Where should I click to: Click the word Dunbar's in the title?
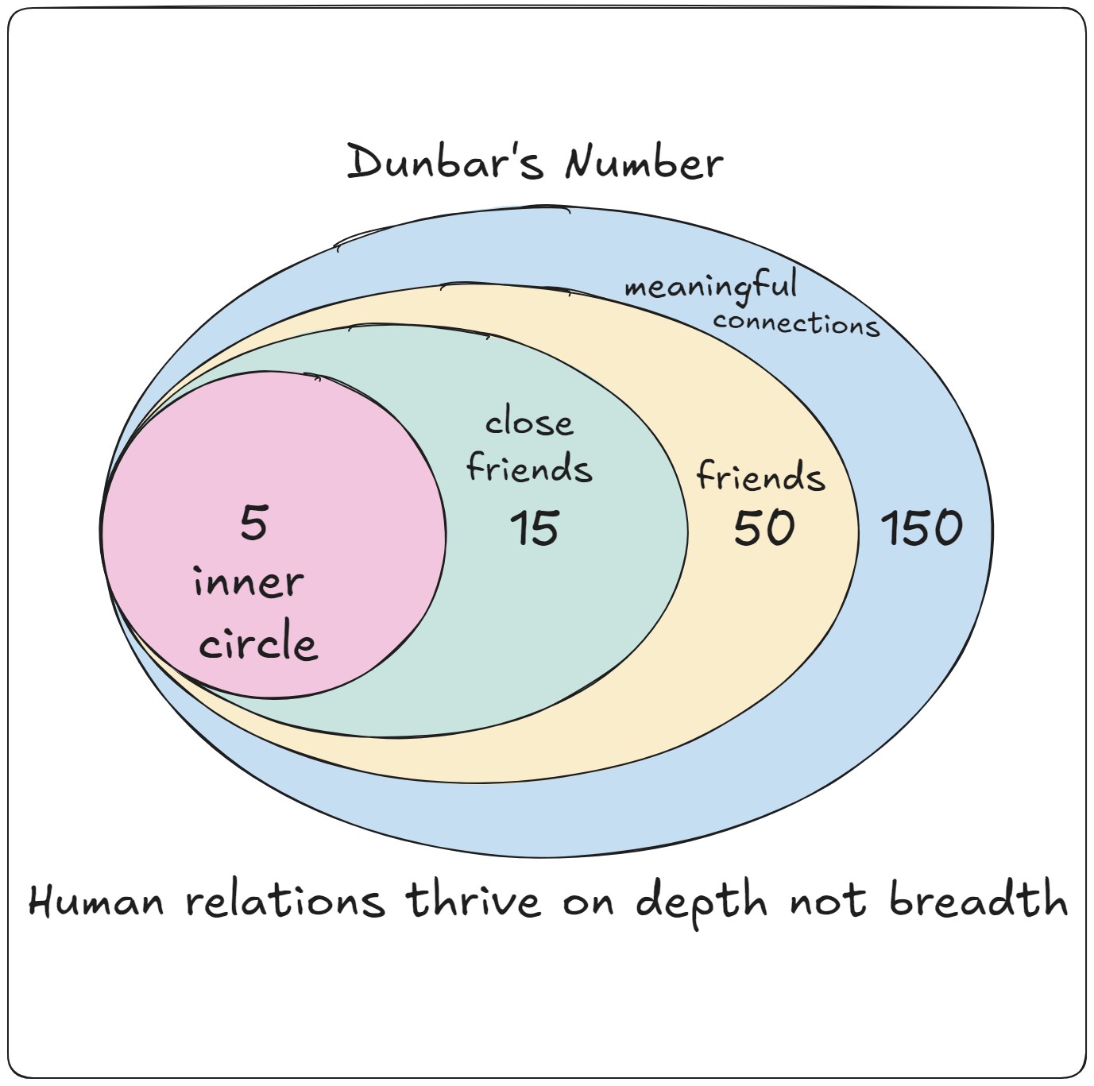coord(445,163)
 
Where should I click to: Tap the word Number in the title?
coord(644,164)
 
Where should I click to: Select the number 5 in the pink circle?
coord(254,524)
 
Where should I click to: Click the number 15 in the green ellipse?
coord(535,528)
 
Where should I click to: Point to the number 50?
coord(763,528)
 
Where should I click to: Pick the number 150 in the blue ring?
coord(922,528)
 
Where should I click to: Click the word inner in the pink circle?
coord(249,582)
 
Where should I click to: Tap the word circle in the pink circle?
coord(258,643)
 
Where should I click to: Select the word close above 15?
coord(529,423)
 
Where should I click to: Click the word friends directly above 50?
coord(760,476)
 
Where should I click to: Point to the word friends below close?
coord(529,468)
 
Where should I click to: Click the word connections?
coord(796,323)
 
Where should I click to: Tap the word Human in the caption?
coord(96,902)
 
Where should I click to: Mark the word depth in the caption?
coord(702,902)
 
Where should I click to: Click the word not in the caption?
coord(827,902)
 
